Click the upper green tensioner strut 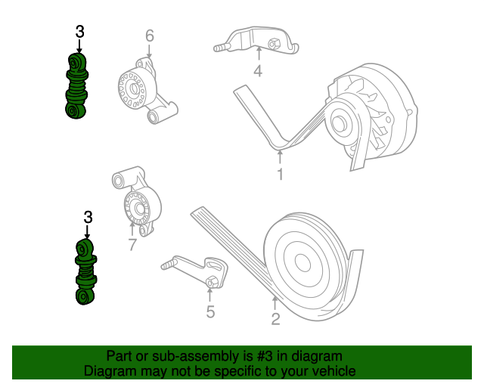(x=76, y=85)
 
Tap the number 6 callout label (x=149, y=36)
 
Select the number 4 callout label (x=257, y=72)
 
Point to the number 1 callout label (x=280, y=175)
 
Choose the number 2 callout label (x=275, y=320)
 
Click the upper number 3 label (x=79, y=32)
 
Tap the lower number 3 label (x=88, y=218)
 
